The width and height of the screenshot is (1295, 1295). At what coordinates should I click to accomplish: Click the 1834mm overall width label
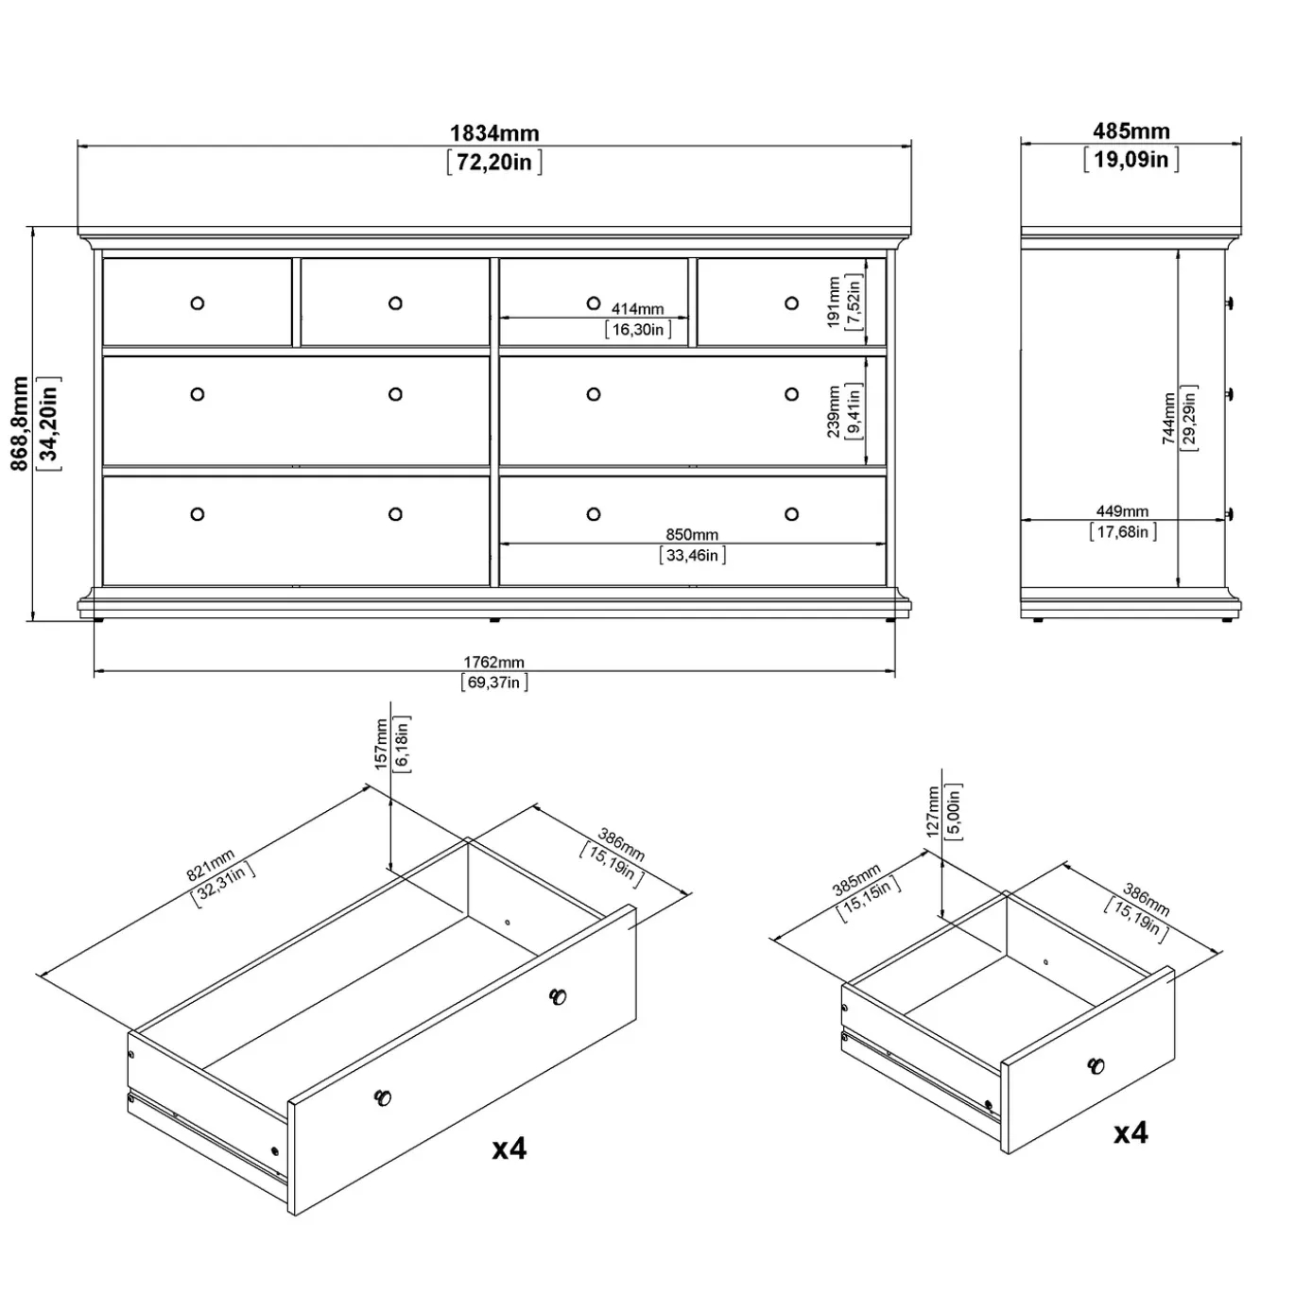coord(494,133)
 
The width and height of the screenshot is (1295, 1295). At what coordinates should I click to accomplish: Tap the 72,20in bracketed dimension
coord(494,162)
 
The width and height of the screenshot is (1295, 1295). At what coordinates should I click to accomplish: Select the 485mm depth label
coord(1131,130)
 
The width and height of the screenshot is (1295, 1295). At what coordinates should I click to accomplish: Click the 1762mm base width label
coord(494,662)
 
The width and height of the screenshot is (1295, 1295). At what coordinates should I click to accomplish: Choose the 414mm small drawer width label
coord(637,309)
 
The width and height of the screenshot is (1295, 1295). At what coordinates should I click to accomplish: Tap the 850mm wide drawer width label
coord(692,534)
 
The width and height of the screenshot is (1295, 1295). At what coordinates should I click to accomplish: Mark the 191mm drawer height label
coord(834,302)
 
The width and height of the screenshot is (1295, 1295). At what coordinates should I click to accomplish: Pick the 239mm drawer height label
coord(834,412)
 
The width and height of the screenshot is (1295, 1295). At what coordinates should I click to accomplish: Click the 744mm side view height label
coord(1168,419)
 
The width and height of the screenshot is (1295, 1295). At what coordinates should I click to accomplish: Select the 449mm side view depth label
coord(1122,510)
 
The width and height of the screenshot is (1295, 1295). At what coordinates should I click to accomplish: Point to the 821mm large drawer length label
coord(211,865)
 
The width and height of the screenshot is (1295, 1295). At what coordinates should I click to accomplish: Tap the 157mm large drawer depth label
coord(381,744)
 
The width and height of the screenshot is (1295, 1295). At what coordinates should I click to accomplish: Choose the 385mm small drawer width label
coord(856,880)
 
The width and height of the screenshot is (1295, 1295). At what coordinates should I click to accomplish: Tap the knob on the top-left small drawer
coord(197,303)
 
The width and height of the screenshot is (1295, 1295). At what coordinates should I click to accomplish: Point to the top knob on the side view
coord(1230,303)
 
